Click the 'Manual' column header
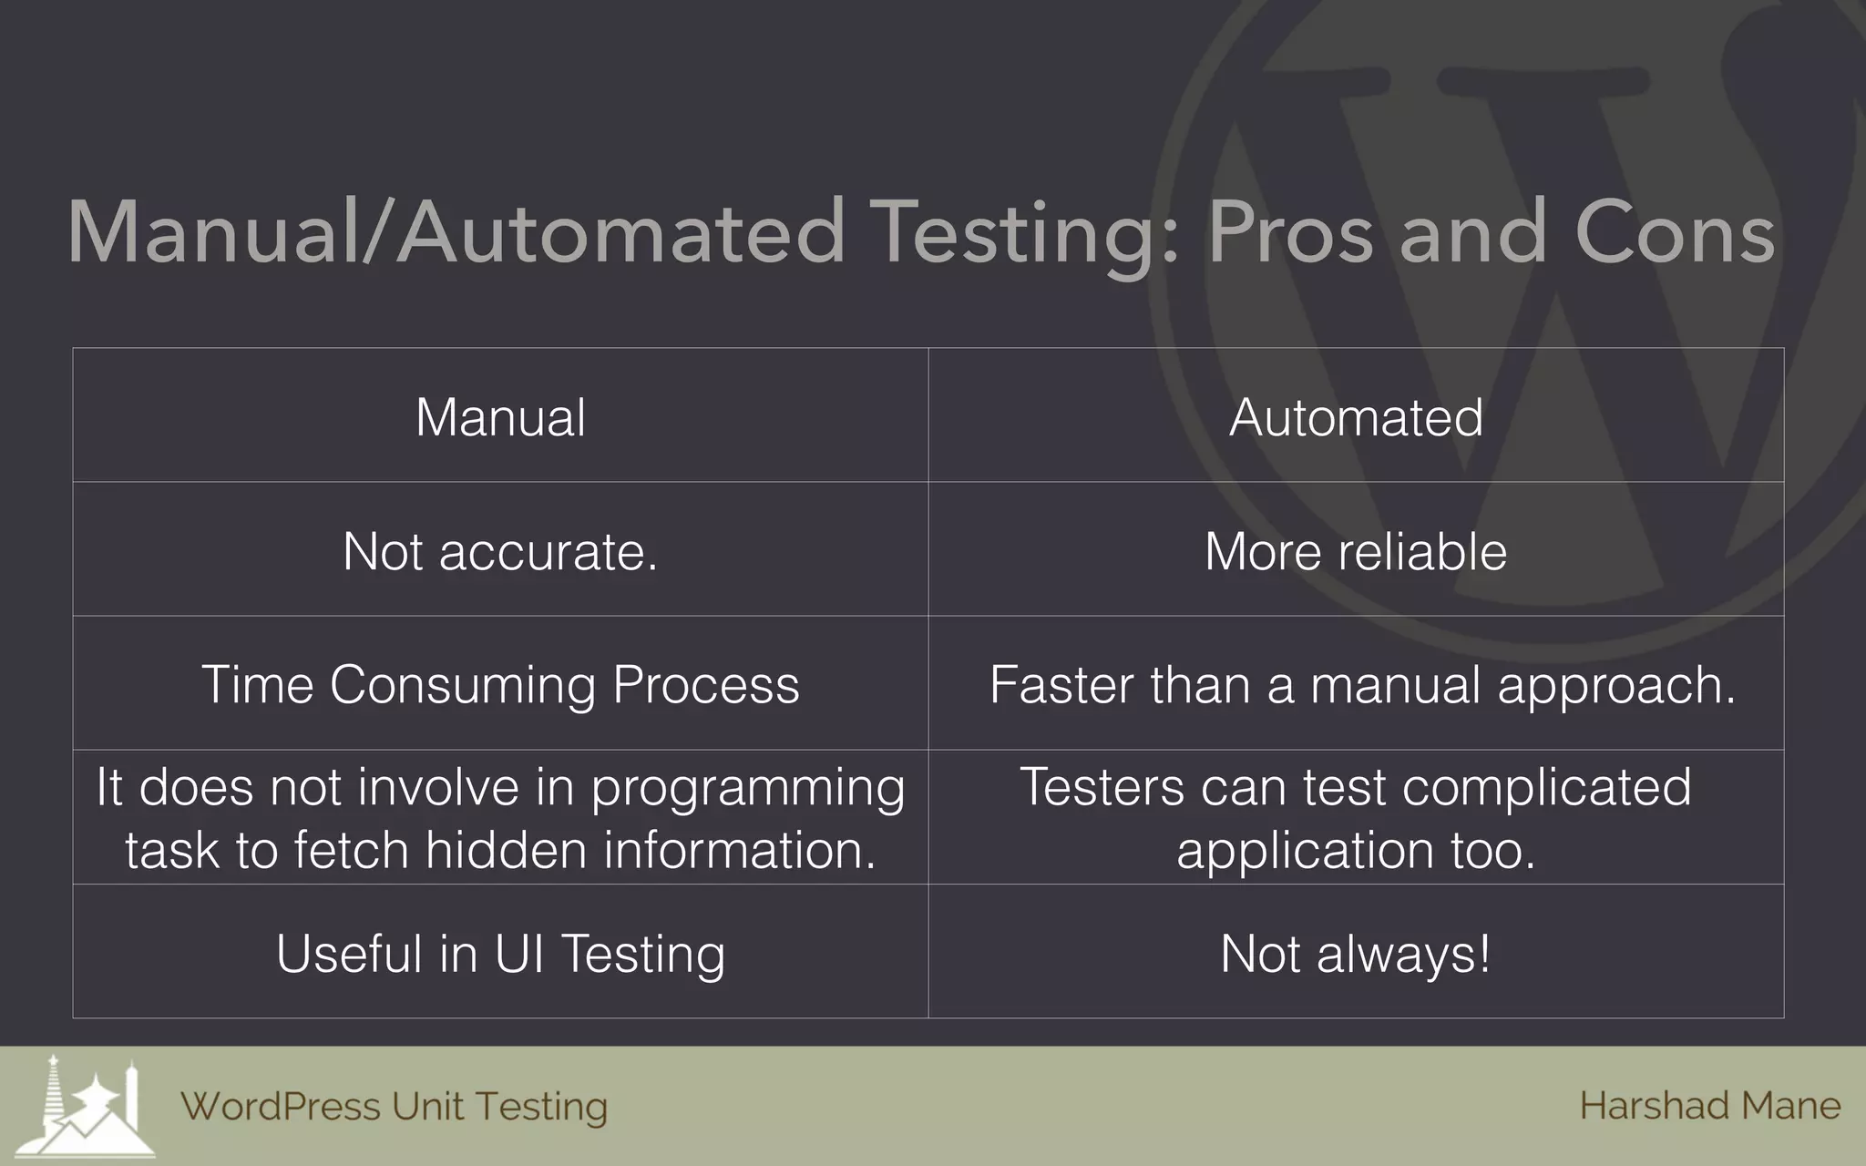pyautogui.click(x=500, y=418)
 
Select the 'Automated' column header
pyautogui.click(x=1356, y=418)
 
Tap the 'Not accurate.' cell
pyautogui.click(x=500, y=552)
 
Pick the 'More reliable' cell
pyautogui.click(x=1356, y=552)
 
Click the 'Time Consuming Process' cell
pyautogui.click(x=500, y=685)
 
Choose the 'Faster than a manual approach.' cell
pyautogui.click(x=1362, y=685)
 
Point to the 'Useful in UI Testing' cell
pyautogui.click(x=500, y=954)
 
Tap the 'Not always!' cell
pyautogui.click(x=1356, y=954)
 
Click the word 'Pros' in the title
pyautogui.click(x=1290, y=233)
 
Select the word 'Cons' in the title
pyautogui.click(x=1675, y=233)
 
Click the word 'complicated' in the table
pyautogui.click(x=1546, y=787)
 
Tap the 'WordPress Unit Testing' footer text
pyautogui.click(x=394, y=1107)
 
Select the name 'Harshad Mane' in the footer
pyautogui.click(x=1709, y=1106)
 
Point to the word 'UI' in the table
pyautogui.click(x=519, y=954)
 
